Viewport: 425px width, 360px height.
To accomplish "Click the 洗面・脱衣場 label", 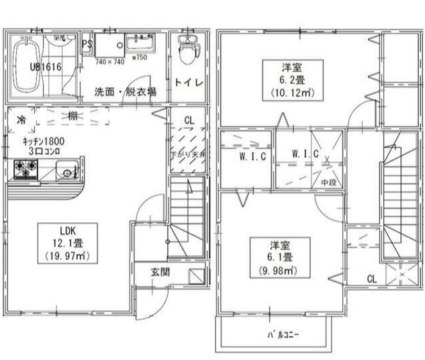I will click(x=126, y=91).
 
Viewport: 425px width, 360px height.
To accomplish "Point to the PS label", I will click(x=87, y=44).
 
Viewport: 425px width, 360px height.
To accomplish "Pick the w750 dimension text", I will click(x=140, y=58).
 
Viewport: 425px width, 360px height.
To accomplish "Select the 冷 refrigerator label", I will click(x=21, y=120).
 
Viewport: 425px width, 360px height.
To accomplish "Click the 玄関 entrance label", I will click(x=159, y=272).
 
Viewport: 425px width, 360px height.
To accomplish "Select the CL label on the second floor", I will click(x=371, y=279).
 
